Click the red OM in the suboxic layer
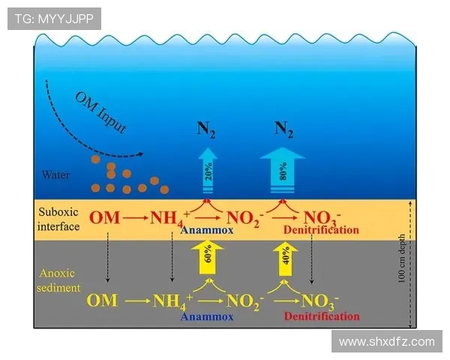coord(103,218)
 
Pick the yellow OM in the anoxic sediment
coord(102,301)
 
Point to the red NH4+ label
coord(169,219)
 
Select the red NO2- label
coord(242,219)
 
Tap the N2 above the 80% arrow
coord(283,128)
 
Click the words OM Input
coord(100,112)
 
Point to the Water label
coord(56,175)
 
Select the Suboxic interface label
coord(58,219)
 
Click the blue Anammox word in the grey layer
coord(206,316)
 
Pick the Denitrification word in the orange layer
coord(322,229)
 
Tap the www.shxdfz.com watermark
coord(386,341)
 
